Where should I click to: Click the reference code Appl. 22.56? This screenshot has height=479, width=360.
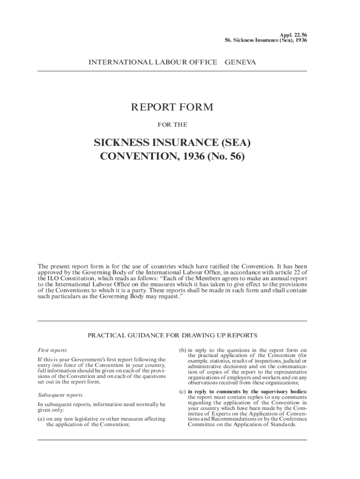coord(293,35)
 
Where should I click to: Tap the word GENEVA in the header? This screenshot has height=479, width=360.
coord(240,62)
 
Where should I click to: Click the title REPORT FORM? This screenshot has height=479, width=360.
coord(172,107)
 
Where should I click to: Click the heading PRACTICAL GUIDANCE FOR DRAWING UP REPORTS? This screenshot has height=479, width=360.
coord(172,335)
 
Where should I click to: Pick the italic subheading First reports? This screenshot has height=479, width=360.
coord(52,350)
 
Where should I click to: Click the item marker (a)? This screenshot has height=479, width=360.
coord(41,419)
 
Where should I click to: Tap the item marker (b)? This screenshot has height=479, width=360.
coord(183,350)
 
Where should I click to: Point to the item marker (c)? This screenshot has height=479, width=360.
coord(183,391)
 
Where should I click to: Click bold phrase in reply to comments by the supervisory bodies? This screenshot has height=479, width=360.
coord(247,391)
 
